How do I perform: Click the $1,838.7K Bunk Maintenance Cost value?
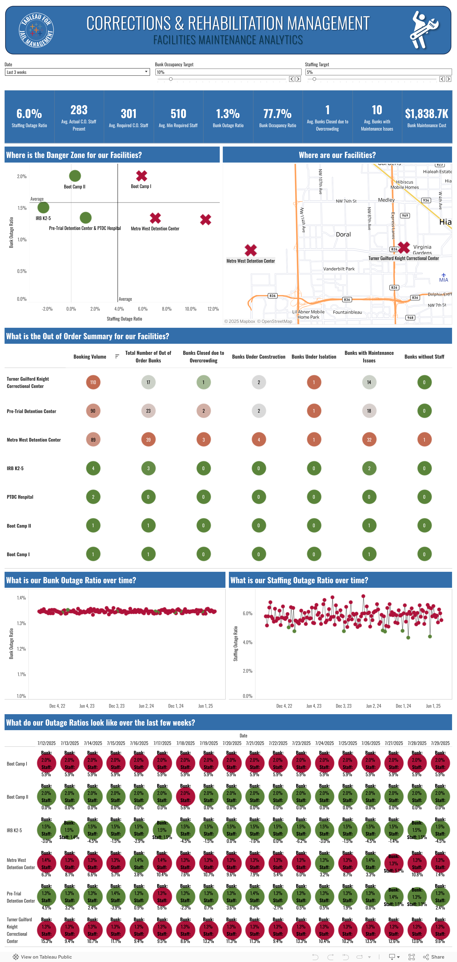pyautogui.click(x=426, y=113)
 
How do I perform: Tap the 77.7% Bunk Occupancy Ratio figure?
pyautogui.click(x=277, y=113)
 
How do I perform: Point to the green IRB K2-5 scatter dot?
pyautogui.click(x=43, y=207)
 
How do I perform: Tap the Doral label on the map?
pyautogui.click(x=343, y=235)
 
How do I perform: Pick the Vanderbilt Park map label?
pyautogui.click(x=339, y=269)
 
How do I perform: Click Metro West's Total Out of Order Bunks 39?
pyautogui.click(x=148, y=440)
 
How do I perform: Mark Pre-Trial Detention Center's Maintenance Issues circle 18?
pyautogui.click(x=369, y=411)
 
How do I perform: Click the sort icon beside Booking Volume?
pyautogui.click(x=117, y=357)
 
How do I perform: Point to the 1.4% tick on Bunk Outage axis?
pyautogui.click(x=21, y=598)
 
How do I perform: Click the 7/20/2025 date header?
pyautogui.click(x=232, y=743)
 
